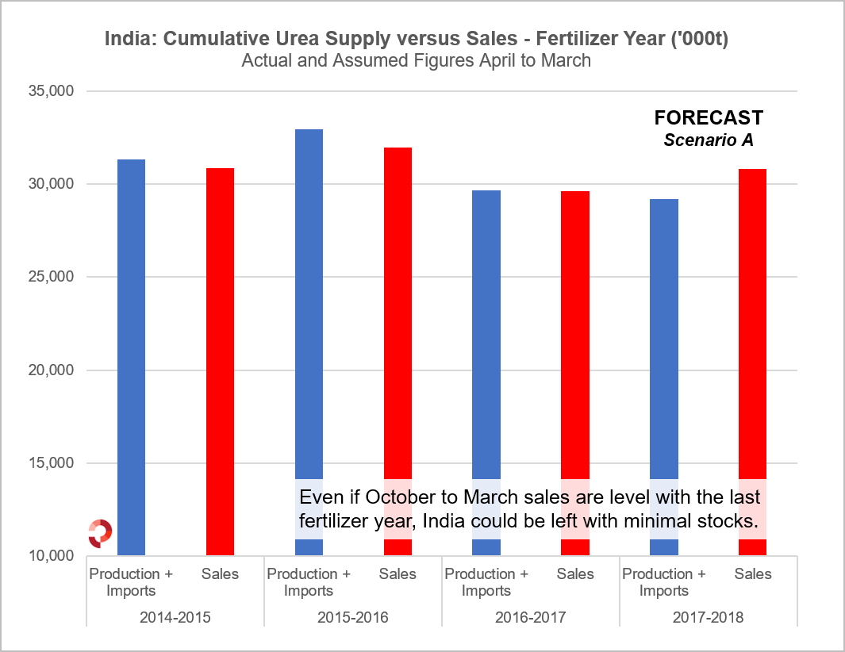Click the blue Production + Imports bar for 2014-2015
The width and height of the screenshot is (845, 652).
tap(131, 357)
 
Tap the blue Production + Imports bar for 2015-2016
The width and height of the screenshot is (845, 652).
tap(309, 317)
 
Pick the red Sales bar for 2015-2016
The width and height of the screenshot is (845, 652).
tap(398, 317)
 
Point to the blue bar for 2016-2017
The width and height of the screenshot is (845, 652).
tap(486, 333)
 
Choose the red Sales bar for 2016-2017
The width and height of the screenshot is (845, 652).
tap(575, 333)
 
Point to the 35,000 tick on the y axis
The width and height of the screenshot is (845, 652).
tap(52, 91)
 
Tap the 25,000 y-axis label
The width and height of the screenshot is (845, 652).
tap(52, 278)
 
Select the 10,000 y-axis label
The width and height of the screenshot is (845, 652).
tap(52, 556)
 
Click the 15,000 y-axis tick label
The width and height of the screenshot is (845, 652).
tap(52, 463)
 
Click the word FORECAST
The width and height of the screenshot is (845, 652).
tap(709, 118)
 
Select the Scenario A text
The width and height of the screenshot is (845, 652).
tap(709, 140)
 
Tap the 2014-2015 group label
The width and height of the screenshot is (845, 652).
tap(175, 616)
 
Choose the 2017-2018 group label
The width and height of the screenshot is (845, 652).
tap(708, 616)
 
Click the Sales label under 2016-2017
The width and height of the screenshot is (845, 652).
tap(575, 573)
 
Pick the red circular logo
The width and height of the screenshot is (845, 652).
tap(100, 532)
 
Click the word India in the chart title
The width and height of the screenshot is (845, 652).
tap(129, 39)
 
